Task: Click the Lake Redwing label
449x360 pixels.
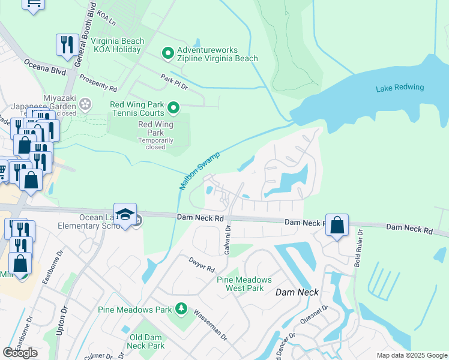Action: coord(400,88)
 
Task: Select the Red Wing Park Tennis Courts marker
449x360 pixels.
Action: coord(173,109)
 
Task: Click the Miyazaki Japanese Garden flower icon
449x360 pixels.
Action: coord(85,104)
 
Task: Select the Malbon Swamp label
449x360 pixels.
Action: coord(200,172)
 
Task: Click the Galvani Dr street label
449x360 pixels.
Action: coord(228,240)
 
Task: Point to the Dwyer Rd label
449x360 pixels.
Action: coord(201,265)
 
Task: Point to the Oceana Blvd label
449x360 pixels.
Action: coord(44,66)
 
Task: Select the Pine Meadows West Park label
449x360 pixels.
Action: coord(244,284)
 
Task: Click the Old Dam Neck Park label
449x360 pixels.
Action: coord(147,341)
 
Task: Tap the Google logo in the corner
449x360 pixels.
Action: coord(20,353)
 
